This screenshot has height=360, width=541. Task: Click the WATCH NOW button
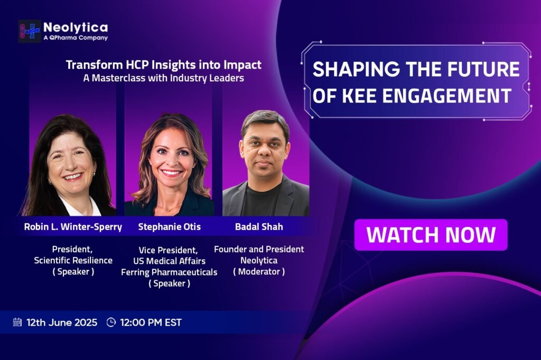click(431, 235)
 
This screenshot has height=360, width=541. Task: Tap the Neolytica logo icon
click(30, 31)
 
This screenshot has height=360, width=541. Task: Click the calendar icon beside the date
click(17, 322)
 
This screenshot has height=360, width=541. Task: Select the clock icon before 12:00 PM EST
click(111, 322)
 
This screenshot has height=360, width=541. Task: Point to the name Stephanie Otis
click(170, 226)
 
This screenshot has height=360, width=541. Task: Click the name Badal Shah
click(259, 226)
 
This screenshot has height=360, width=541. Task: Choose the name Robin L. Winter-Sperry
click(73, 227)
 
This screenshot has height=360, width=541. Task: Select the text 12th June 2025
click(62, 323)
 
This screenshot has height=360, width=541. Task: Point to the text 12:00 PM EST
click(151, 323)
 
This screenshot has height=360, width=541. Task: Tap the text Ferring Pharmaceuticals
click(169, 272)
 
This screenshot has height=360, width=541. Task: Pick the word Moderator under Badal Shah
click(259, 271)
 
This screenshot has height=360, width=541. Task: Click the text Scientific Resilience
click(73, 260)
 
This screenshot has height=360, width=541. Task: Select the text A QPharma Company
click(76, 37)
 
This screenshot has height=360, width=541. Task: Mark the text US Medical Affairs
click(170, 261)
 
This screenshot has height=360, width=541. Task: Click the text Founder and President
click(259, 249)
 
